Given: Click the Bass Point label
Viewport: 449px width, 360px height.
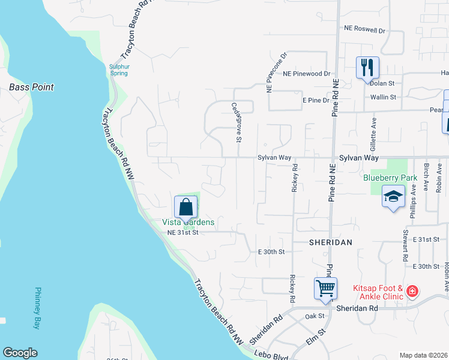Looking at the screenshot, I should point(31,88).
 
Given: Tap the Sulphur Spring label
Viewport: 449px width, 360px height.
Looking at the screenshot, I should point(119,69).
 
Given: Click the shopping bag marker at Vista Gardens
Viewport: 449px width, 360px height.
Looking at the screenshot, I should point(185,207).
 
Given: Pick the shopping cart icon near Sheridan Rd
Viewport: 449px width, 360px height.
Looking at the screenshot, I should point(325,288).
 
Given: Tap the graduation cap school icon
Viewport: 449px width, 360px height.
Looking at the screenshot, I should point(393,197).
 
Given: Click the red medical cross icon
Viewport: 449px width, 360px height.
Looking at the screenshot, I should point(412,292).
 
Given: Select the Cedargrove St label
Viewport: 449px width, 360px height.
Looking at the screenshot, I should point(237,121).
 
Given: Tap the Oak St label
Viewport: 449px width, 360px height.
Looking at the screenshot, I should point(315,316).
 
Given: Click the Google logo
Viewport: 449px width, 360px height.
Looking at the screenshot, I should point(20,353).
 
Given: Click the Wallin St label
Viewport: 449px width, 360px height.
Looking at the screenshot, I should point(384,97).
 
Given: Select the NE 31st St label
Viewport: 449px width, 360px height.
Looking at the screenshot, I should point(182,232).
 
